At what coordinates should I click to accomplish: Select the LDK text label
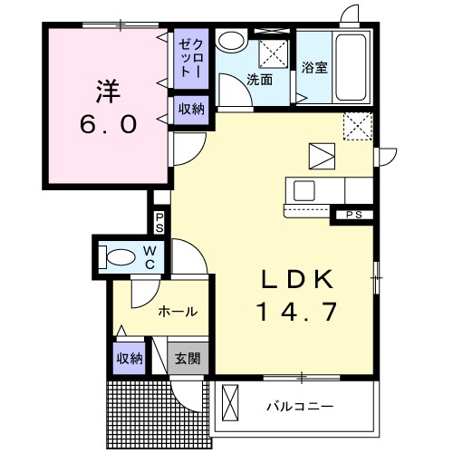(292, 278)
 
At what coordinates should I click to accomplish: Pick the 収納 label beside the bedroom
(190, 110)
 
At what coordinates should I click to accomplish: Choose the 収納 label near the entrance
(130, 358)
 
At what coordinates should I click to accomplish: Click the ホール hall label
(178, 311)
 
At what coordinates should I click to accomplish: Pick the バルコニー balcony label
(299, 406)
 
